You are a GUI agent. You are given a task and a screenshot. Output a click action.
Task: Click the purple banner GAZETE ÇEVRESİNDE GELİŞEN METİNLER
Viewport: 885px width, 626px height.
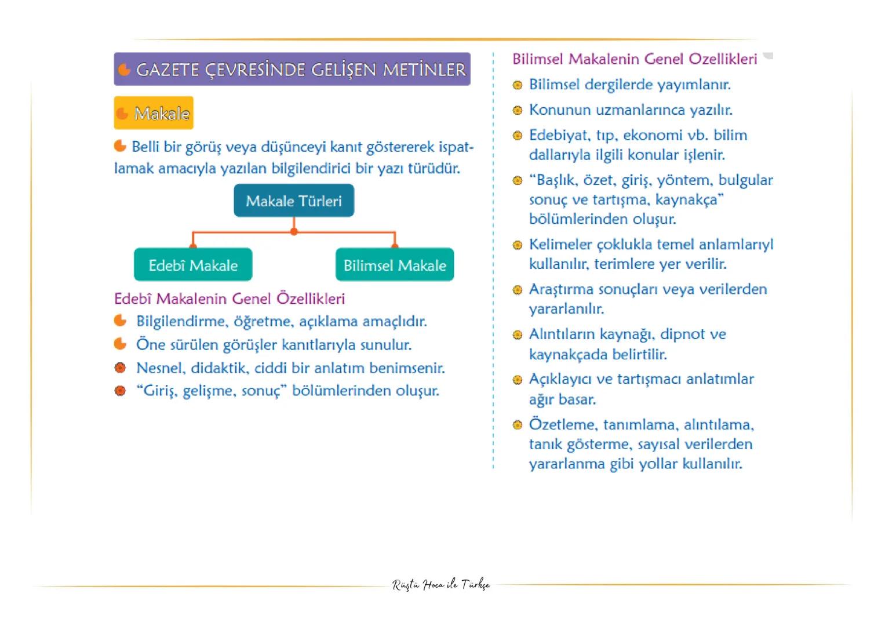tap(292, 70)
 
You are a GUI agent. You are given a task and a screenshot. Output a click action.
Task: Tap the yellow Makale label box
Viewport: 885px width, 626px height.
tap(154, 113)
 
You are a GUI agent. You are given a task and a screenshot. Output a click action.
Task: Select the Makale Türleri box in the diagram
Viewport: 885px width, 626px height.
tap(294, 201)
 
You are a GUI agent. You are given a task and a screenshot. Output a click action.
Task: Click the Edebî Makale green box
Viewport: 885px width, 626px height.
tap(193, 265)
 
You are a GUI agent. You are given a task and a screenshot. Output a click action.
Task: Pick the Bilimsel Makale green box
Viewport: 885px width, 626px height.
tap(395, 265)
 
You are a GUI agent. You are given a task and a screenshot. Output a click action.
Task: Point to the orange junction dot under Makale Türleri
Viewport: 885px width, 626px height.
tap(294, 232)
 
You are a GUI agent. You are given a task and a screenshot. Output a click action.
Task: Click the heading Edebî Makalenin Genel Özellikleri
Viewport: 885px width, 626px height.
tap(230, 299)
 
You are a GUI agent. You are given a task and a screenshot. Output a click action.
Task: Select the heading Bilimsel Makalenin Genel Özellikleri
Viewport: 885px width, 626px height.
tap(635, 59)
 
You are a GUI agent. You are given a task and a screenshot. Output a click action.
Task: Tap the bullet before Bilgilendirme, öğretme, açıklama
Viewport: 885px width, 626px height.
tap(121, 321)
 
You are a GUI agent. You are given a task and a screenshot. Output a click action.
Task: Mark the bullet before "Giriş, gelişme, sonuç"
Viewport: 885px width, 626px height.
tap(121, 391)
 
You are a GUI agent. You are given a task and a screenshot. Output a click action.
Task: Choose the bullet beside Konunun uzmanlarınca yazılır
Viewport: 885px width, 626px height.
tap(518, 110)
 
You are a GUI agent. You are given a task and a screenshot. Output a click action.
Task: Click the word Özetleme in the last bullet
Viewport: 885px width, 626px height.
tap(562, 425)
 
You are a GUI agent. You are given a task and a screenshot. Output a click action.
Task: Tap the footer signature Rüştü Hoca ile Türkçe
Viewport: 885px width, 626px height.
tap(441, 585)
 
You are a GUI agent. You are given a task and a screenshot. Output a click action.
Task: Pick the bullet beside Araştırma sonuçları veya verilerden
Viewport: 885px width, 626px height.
tap(518, 290)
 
